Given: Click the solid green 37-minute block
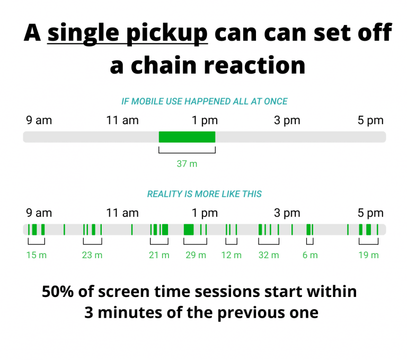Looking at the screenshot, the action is (x=187, y=137).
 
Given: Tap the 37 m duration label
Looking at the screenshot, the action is (x=187, y=164).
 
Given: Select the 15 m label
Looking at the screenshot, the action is (x=37, y=255).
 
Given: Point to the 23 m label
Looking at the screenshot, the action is (x=92, y=255).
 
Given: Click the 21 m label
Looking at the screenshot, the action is (x=159, y=255).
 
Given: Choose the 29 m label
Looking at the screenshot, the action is (x=196, y=255).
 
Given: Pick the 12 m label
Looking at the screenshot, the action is (x=231, y=255).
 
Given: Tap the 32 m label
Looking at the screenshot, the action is (x=269, y=255).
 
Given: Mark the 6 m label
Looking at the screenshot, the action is (x=310, y=255).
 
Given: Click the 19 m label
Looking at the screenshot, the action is (x=369, y=255).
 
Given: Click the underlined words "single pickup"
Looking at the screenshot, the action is (x=127, y=33).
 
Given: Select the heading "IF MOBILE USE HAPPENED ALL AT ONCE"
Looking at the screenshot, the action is (x=205, y=101).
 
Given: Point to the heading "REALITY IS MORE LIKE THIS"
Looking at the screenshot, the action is (x=205, y=194).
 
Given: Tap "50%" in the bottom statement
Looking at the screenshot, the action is (x=58, y=292).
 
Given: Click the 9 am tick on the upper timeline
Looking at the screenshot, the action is (x=39, y=120).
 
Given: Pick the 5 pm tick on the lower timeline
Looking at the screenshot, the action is (x=370, y=213).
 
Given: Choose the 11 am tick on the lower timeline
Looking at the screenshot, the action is (x=122, y=213).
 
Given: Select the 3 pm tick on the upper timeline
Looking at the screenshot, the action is (x=287, y=120).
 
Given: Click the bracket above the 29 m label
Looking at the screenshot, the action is (x=195, y=244).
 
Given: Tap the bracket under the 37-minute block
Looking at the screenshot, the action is (x=187, y=153).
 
